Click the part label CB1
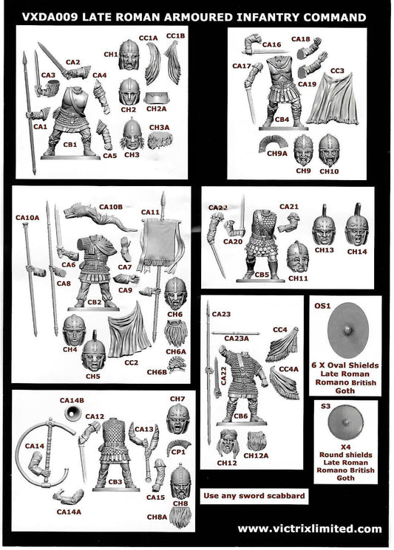click(x=69, y=145)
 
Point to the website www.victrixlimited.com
click(x=310, y=529)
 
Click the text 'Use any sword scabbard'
click(x=253, y=495)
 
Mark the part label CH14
click(x=356, y=251)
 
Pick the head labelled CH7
click(x=177, y=419)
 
